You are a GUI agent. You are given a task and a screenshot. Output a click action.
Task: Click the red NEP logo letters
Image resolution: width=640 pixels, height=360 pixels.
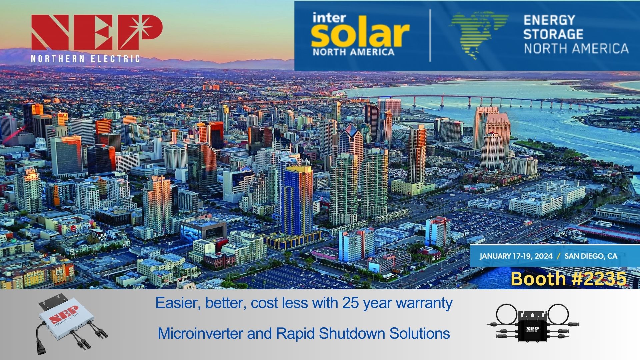[97, 32]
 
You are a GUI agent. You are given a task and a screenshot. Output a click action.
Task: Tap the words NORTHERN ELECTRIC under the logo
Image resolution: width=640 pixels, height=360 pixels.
[85, 59]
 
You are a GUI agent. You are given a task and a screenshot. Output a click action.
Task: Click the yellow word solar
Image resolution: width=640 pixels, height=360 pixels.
[360, 35]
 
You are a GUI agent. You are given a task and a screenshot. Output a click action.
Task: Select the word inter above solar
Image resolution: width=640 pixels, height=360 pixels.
[328, 18]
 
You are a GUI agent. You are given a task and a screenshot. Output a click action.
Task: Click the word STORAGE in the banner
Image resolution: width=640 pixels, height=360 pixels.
[553, 34]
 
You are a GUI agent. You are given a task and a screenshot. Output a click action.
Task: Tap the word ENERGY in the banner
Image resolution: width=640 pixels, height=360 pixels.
[549, 20]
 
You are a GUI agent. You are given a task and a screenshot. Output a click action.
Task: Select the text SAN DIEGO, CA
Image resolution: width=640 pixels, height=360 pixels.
[591, 256]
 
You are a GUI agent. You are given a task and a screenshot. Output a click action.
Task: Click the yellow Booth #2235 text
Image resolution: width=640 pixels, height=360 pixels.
[568, 278]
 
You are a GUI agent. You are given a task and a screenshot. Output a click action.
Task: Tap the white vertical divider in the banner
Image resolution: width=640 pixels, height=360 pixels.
[430, 35]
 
